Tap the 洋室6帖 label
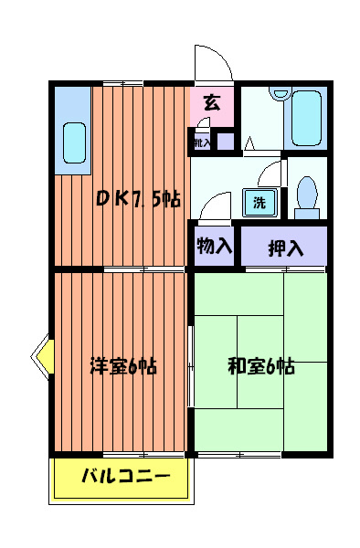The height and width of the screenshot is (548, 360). (123, 366)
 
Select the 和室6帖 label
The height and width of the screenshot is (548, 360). (260, 366)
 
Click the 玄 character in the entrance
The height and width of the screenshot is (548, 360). (212, 102)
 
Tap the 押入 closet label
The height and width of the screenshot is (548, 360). (284, 246)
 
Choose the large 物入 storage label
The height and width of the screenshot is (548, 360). (215, 245)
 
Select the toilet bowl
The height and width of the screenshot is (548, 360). (308, 193)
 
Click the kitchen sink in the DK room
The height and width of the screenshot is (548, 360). (74, 142)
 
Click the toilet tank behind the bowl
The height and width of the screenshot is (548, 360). (308, 215)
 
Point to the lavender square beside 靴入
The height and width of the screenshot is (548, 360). (225, 142)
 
